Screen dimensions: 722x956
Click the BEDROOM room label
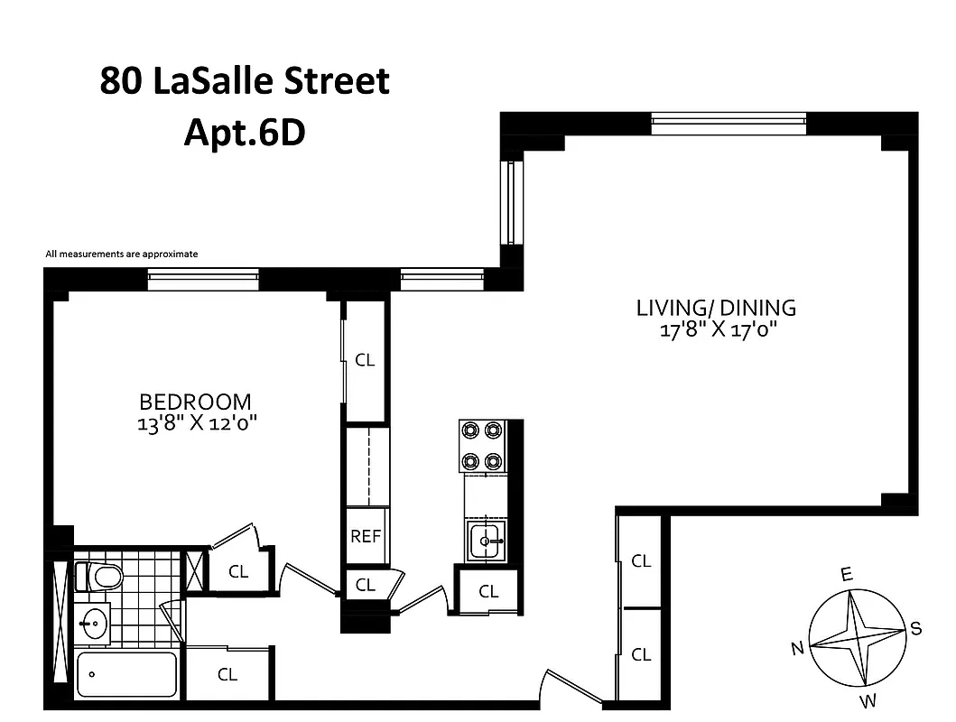pos(194,402)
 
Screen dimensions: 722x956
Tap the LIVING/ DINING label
pos(717,308)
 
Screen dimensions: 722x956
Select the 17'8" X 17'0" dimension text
pos(719,330)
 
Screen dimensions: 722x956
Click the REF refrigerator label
pos(365,536)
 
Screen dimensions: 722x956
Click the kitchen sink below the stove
pos(487,541)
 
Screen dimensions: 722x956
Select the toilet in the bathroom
pos(98,576)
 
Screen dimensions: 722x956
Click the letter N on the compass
pos(797,648)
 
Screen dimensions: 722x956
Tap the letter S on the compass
pos(915,628)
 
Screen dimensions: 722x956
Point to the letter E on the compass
pos(847,575)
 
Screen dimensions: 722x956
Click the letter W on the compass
pos(868,701)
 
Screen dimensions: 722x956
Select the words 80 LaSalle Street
pos(245,81)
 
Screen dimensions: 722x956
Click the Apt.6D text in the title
pos(245,133)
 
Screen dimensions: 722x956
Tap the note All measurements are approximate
pos(122,255)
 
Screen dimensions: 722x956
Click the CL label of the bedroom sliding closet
pos(365,360)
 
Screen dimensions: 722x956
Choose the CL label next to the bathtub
pos(227,674)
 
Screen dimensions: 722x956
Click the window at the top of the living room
pos(728,124)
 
